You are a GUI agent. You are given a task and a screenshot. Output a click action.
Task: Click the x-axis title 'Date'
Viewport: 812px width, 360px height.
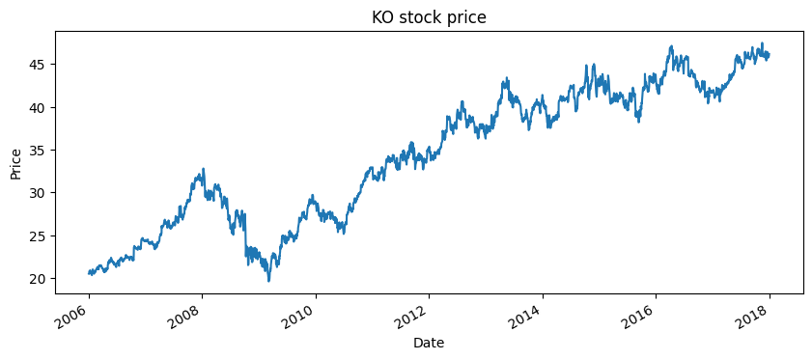[x=429, y=343]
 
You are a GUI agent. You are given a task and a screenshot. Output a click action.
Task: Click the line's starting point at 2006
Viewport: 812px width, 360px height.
[x=89, y=273]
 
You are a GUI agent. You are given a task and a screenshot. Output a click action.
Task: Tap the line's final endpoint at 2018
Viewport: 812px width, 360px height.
[x=769, y=55]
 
